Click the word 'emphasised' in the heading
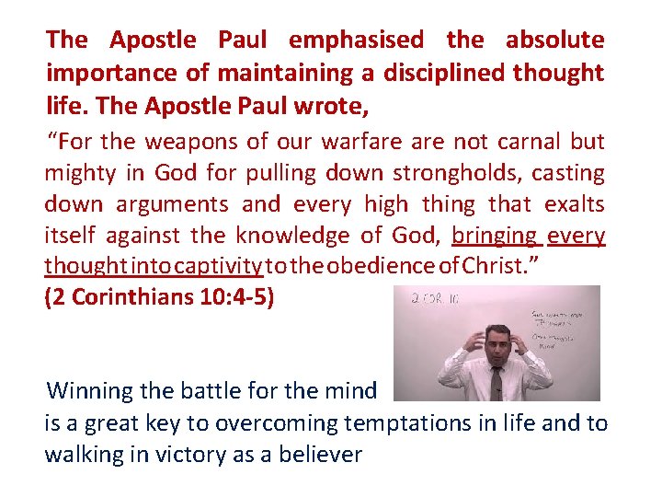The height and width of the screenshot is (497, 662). point(356,40)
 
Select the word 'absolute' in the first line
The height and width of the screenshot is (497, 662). point(554,40)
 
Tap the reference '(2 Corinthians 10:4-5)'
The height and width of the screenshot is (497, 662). point(159,299)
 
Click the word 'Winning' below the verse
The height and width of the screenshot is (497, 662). point(90,390)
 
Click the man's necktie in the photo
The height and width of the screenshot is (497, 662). point(496,381)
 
